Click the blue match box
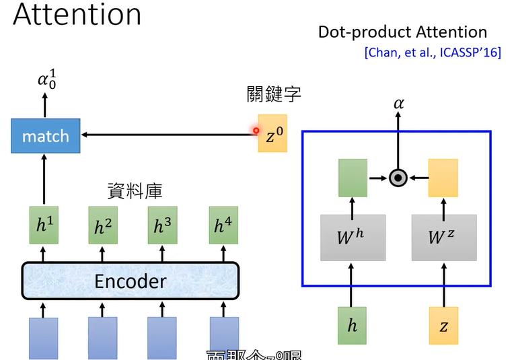45,136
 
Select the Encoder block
131,280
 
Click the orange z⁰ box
272,134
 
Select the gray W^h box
353,238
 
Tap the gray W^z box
443,238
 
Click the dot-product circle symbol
398,178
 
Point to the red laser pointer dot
256,131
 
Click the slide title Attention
77,15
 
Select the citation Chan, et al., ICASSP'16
433,52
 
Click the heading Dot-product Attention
402,32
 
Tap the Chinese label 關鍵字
272,94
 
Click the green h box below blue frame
353,326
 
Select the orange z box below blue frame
443,326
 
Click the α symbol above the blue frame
398,103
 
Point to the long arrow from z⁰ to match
168,135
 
